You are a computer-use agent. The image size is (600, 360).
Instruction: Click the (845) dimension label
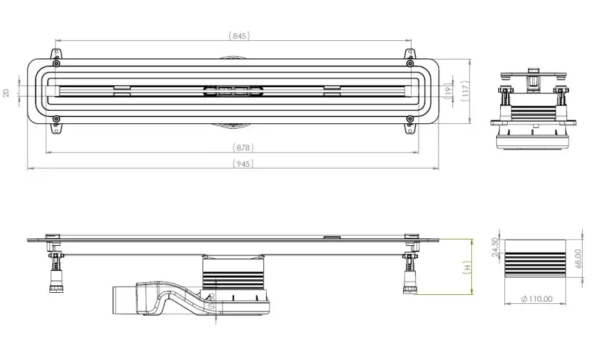click(x=239, y=35)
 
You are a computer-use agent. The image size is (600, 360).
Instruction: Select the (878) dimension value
click(x=242, y=147)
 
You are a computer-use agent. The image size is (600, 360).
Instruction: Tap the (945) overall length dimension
click(x=242, y=163)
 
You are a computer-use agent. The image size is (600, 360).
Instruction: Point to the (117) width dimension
click(x=466, y=90)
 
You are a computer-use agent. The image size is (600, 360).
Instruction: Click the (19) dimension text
click(x=448, y=90)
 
